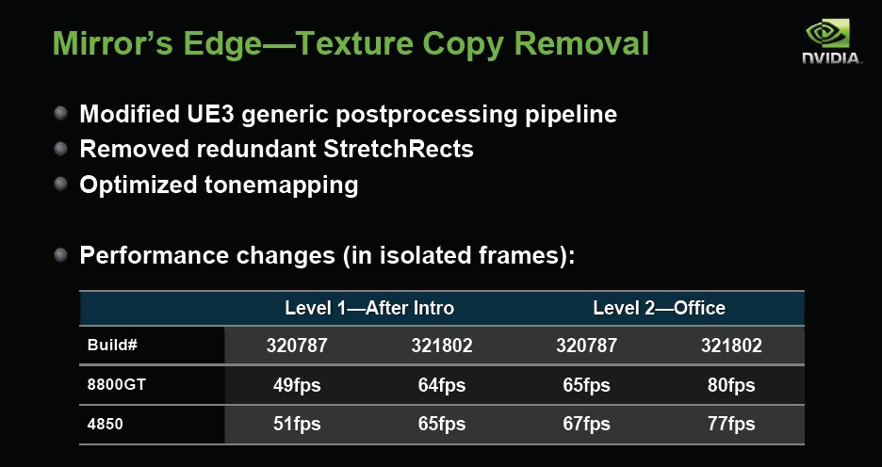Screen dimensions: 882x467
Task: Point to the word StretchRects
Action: pyautogui.click(x=399, y=149)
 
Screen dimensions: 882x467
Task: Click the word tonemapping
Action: pyautogui.click(x=281, y=185)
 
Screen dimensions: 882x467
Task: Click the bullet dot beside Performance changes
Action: pyautogui.click(x=60, y=254)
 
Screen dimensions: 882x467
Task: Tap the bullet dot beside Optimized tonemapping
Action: pyautogui.click(x=60, y=184)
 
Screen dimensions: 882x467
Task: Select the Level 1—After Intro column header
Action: pyautogui.click(x=369, y=308)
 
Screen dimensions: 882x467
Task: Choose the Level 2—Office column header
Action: pyautogui.click(x=660, y=308)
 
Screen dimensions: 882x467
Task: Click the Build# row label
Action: pyautogui.click(x=112, y=345)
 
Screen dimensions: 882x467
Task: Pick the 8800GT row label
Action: pyautogui.click(x=117, y=385)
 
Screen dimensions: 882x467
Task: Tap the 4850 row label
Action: pyautogui.click(x=106, y=424)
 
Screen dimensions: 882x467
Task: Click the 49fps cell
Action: pyautogui.click(x=297, y=385)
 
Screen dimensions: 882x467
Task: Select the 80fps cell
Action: pyautogui.click(x=731, y=385)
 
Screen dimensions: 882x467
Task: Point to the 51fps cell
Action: pyautogui.click(x=297, y=425)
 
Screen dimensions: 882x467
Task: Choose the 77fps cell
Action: pyautogui.click(x=731, y=425)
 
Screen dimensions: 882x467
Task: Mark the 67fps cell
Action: pyautogui.click(x=587, y=425)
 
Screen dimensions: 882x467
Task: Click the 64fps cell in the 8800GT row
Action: pyautogui.click(x=442, y=385)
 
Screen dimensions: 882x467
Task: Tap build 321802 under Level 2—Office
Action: pyautogui.click(x=731, y=346)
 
